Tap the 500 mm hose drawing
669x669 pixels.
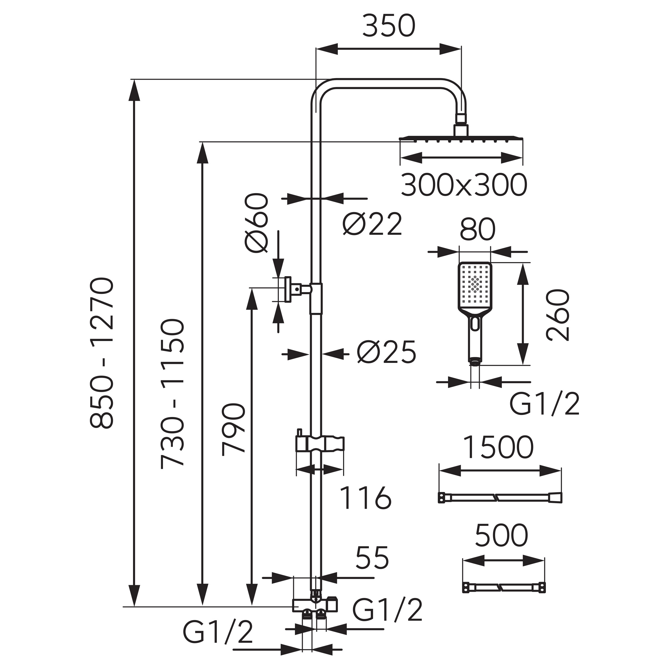[x=504, y=587]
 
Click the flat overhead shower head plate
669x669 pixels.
[x=461, y=139]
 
